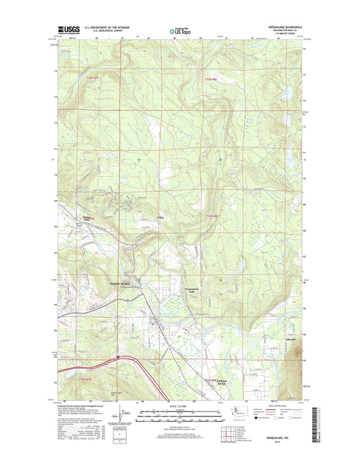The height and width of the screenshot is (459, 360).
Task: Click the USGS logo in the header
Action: pyautogui.click(x=68, y=29)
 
